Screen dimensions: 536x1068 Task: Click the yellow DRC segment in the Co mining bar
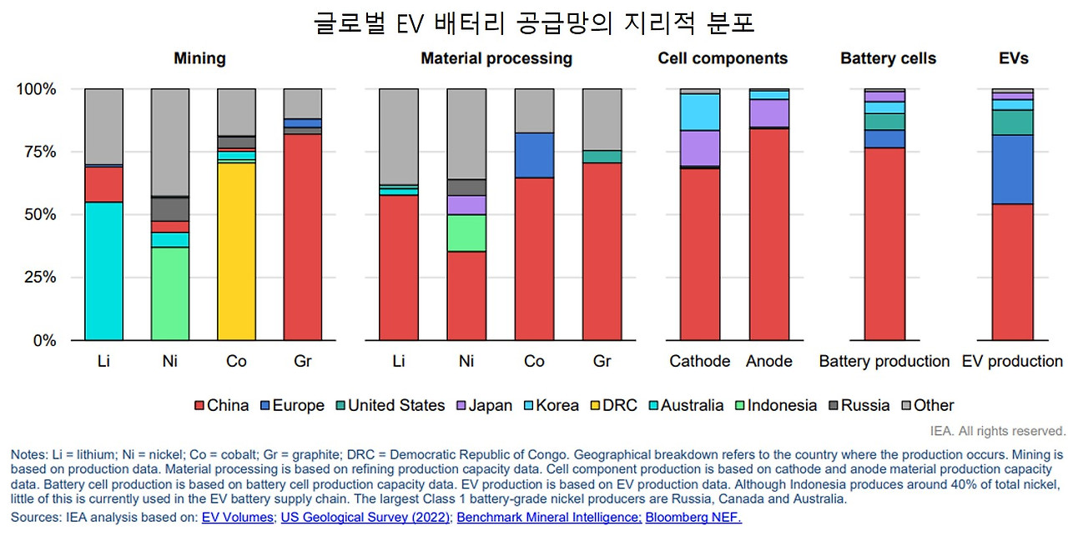coord(236,251)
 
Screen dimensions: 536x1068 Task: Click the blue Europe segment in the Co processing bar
coord(534,155)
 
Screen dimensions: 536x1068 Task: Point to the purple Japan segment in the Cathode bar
coord(700,148)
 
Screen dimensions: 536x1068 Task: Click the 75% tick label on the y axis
coord(38,152)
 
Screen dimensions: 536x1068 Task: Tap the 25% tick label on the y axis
coord(38,278)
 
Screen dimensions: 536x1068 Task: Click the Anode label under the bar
coord(769,361)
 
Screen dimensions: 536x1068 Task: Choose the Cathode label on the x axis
coord(699,361)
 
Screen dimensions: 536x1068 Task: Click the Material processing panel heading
coord(496,58)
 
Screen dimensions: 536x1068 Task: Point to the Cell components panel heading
coord(723,58)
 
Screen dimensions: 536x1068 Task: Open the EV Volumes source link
coord(237,518)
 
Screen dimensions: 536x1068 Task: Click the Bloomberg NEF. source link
coord(693,518)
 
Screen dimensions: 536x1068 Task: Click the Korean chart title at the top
coord(534,23)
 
